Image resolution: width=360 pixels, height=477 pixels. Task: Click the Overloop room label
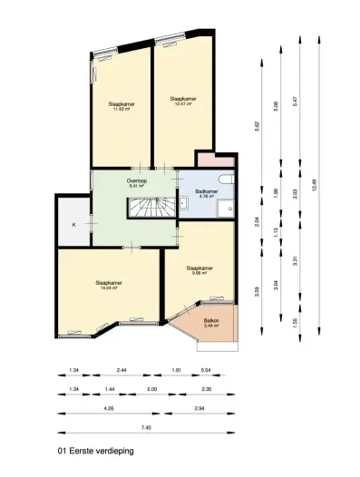[x=138, y=182]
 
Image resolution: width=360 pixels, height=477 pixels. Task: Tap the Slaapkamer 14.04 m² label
[x=109, y=286]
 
